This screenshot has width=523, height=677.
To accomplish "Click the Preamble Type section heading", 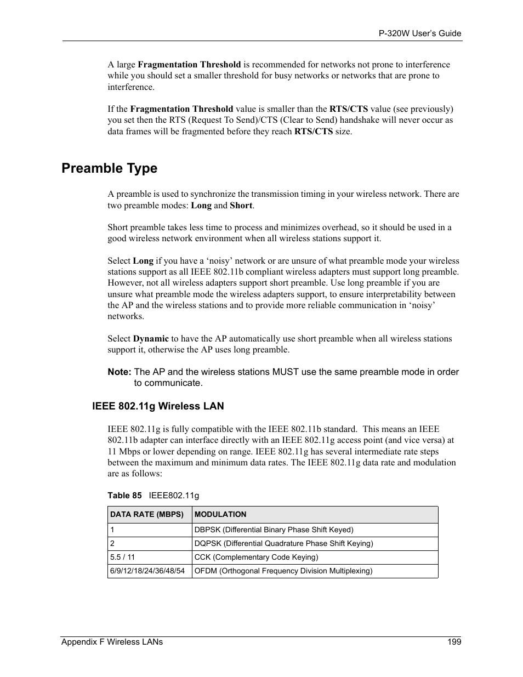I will click(109, 168).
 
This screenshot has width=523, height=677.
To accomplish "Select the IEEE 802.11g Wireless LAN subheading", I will click(158, 406).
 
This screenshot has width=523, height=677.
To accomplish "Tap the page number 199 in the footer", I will click(454, 642).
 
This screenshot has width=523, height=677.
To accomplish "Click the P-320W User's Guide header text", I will click(420, 33).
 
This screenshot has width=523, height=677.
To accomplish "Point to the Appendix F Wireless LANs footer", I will click(112, 642).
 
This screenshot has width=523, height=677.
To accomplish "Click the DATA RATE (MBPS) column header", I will click(147, 515).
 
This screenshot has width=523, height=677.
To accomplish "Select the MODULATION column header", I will click(220, 515).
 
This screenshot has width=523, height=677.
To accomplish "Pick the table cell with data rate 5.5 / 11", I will click(123, 557).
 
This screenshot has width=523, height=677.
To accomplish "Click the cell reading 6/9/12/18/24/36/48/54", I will click(147, 571).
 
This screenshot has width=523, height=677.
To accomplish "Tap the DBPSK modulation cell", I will click(274, 530).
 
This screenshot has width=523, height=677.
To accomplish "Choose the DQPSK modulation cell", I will click(283, 544).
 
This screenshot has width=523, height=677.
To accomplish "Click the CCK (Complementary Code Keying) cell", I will click(256, 557).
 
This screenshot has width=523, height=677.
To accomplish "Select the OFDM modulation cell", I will click(283, 571).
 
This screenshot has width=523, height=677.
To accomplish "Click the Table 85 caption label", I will click(124, 496).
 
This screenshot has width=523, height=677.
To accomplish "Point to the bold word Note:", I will click(119, 372).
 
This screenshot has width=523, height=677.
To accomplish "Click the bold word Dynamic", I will click(151, 339).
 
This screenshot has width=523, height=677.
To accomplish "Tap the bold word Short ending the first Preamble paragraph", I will click(241, 206).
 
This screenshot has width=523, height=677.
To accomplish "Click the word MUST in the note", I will click(285, 372).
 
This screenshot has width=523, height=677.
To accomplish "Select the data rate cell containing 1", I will click(112, 530).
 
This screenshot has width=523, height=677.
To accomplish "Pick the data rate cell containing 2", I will click(112, 544).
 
